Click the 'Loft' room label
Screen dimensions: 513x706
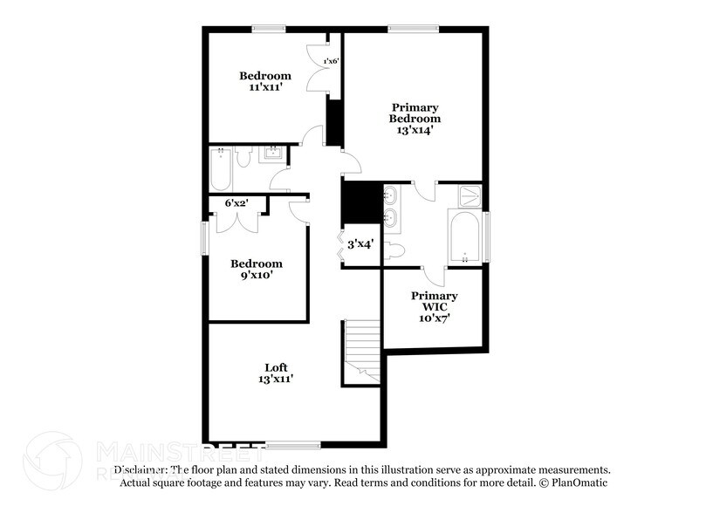(x=277, y=367)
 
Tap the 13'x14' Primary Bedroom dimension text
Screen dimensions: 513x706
(x=414, y=130)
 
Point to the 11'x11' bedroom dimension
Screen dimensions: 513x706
(x=265, y=88)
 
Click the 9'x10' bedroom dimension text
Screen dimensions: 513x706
(x=256, y=276)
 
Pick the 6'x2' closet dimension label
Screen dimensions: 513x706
(x=236, y=202)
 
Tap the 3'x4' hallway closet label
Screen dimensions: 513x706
(x=360, y=244)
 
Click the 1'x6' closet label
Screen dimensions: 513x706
(x=331, y=61)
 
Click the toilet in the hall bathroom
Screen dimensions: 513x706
(x=244, y=157)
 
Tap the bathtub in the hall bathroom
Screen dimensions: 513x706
(x=220, y=168)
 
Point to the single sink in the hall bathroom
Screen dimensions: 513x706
(x=272, y=156)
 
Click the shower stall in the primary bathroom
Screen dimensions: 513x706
(x=470, y=195)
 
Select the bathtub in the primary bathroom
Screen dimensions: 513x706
(x=464, y=236)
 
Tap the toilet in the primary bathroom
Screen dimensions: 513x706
(x=394, y=251)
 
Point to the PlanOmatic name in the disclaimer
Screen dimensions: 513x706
(x=579, y=482)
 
